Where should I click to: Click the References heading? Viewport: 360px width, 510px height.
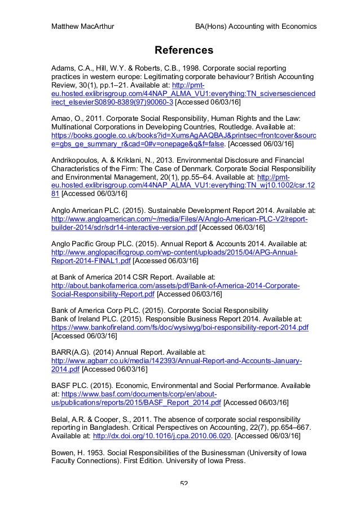point(185,50)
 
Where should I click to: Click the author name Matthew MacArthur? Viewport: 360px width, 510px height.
point(84,27)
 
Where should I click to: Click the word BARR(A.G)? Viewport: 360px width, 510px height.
point(69,352)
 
